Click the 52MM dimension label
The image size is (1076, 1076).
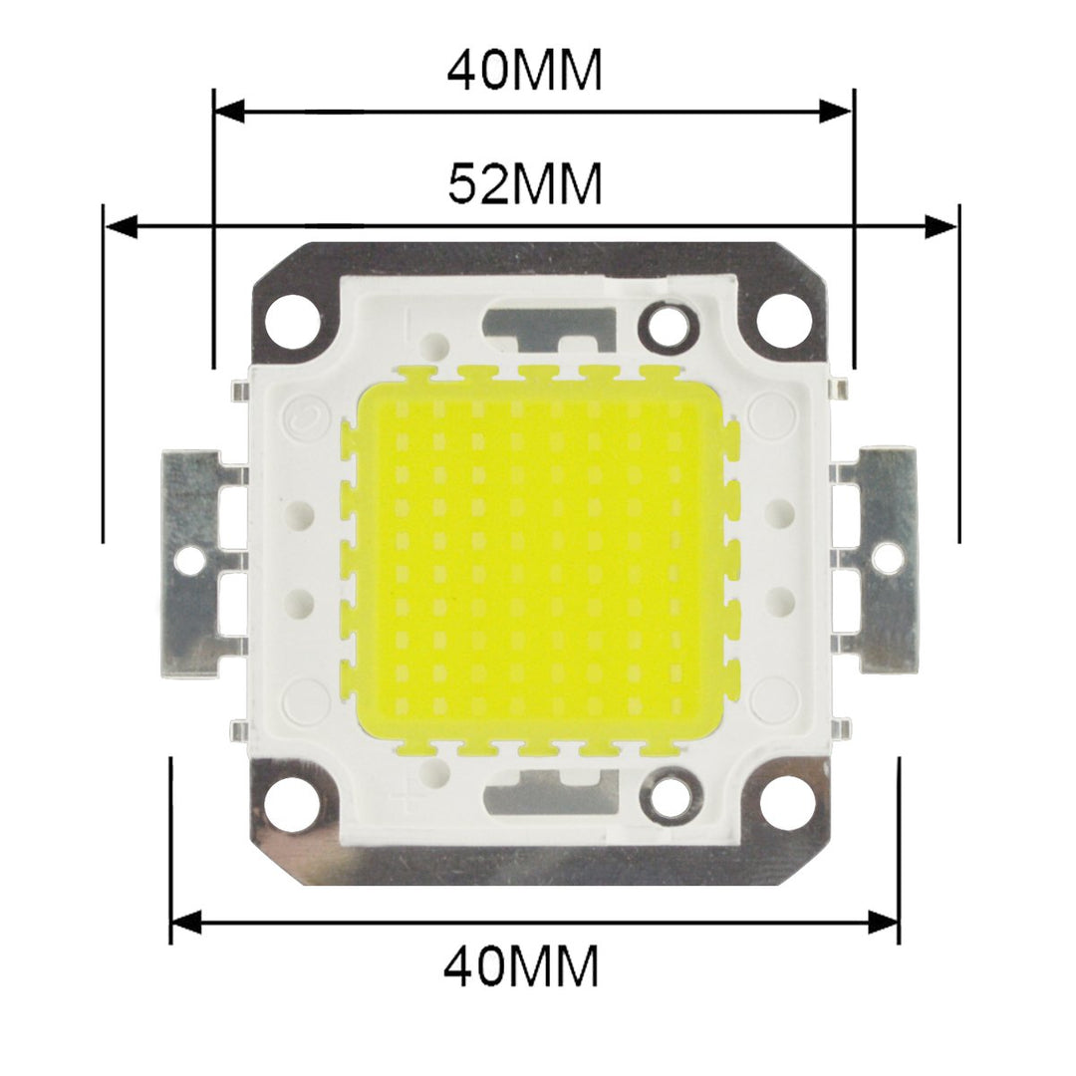[525, 184]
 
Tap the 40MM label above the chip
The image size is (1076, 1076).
[525, 70]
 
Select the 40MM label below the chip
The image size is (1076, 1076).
[522, 965]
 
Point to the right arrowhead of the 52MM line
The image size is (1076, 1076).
[941, 227]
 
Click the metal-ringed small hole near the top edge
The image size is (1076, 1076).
[663, 323]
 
